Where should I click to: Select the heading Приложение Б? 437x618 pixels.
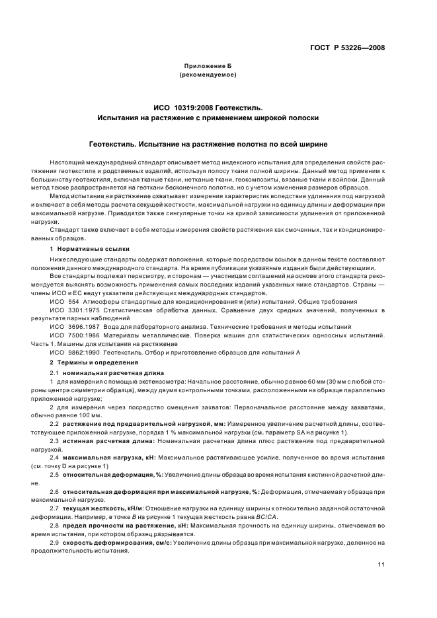(212, 67)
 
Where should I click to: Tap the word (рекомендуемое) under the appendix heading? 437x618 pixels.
(212, 75)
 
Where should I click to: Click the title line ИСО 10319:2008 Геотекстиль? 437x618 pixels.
(212, 107)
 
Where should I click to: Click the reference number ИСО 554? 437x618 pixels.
(63, 301)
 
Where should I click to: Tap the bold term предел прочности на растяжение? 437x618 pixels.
(116, 526)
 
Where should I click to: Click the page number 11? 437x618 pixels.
(381, 565)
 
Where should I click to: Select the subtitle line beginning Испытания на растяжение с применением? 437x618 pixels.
(212, 118)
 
